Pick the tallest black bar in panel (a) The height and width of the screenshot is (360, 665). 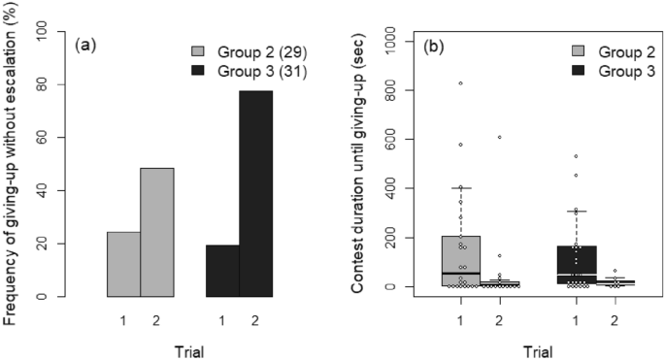click(256, 194)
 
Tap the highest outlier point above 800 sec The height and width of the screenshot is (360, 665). click(461, 83)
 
